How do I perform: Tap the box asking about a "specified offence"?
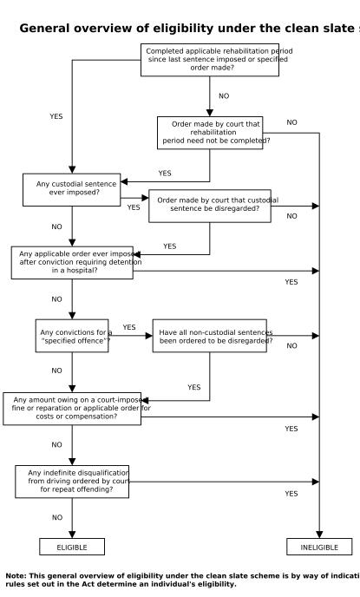click(x=72, y=336)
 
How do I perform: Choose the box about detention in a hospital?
click(x=72, y=263)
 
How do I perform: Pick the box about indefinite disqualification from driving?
click(x=72, y=481)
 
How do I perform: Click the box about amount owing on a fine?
click(x=72, y=408)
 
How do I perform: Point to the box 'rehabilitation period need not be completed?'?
click(x=210, y=133)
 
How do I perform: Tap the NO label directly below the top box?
click(x=224, y=96)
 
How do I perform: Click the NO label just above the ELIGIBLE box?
click(x=57, y=517)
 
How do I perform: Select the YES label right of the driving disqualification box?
click(x=291, y=494)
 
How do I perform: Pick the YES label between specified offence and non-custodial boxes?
click(x=129, y=327)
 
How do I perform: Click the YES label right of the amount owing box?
click(x=291, y=429)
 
